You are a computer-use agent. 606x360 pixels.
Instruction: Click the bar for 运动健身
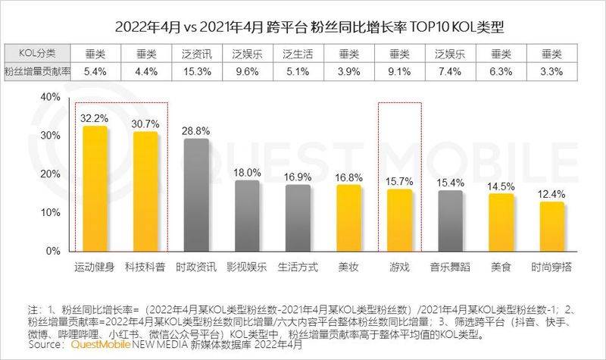(x=95, y=189)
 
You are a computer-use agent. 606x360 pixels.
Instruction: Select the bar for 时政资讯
(x=196, y=195)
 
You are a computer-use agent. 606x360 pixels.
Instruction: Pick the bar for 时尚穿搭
(x=551, y=226)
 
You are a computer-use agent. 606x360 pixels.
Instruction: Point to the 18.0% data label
(x=247, y=172)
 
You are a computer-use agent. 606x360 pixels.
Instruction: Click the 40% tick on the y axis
(x=48, y=97)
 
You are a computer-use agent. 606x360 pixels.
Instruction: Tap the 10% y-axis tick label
(x=48, y=212)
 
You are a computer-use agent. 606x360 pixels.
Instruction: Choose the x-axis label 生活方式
(x=298, y=268)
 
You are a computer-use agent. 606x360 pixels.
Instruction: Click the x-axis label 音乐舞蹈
(x=450, y=268)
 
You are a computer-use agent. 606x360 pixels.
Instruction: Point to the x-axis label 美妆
(x=348, y=268)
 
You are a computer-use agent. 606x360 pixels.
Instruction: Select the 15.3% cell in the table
(x=196, y=71)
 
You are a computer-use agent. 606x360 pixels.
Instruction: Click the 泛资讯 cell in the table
(x=196, y=54)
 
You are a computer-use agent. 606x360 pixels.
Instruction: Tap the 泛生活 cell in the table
(x=298, y=54)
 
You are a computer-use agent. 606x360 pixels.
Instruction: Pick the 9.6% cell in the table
(x=247, y=71)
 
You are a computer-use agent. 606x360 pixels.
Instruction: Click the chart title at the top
(x=303, y=27)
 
